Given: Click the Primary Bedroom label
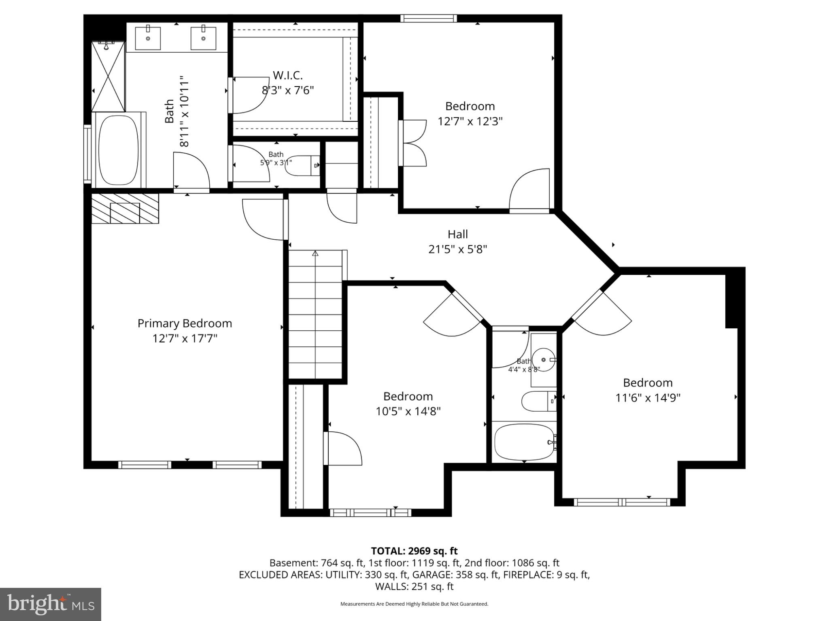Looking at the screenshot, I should point(185,323).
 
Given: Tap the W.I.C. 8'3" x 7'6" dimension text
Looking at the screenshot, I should point(288,90).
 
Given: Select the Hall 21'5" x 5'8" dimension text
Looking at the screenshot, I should point(457,249).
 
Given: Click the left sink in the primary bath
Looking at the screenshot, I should point(148,38).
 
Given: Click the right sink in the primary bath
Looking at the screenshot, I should point(203,38).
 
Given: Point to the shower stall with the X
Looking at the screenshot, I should point(108,76).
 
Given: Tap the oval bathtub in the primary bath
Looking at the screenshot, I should point(118,150).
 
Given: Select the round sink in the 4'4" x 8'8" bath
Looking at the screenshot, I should point(543,359).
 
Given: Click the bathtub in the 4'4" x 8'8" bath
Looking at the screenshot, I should point(524,442).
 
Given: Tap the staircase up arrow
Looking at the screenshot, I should point(315,253).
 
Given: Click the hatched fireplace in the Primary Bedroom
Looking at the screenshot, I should point(125,209).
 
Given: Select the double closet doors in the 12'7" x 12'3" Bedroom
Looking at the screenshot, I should point(413,143).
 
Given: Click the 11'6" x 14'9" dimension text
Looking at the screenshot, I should point(648,398).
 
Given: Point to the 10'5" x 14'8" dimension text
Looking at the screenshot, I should point(408,412).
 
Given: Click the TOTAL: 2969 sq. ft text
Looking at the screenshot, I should point(414,551).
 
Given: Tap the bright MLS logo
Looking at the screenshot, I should point(51,604).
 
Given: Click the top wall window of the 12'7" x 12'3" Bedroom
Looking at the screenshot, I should point(429,18).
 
